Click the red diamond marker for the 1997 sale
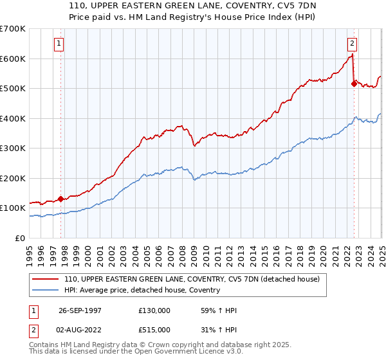(61, 199)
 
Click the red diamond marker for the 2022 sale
(354, 83)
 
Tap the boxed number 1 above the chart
(59, 44)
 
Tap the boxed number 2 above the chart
(353, 44)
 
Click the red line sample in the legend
(46, 279)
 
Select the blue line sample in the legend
(46, 290)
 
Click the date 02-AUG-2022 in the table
(80, 331)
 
